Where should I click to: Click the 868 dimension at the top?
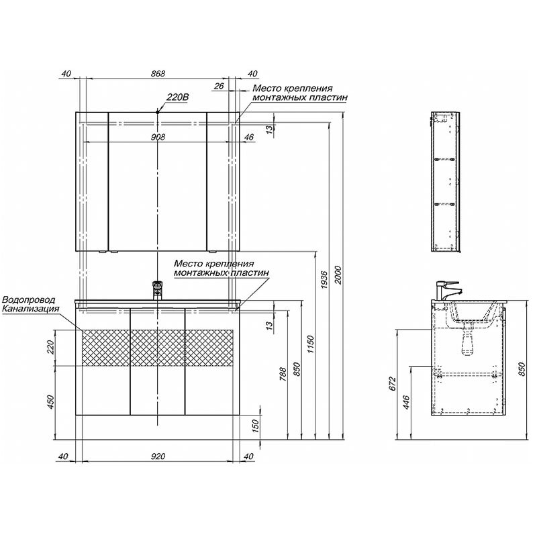158,74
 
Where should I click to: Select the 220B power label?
177,97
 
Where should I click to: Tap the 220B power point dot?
158,112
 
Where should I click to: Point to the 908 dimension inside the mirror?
158,137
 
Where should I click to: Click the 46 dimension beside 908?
249,137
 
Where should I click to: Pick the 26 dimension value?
219,86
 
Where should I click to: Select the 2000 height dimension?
338,275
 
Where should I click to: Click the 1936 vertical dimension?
324,280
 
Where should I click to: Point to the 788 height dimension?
283,375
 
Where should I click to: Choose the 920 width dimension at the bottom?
158,456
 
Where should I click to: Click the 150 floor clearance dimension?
256,426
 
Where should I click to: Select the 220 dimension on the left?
51,347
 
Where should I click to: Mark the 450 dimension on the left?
51,402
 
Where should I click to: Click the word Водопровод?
28,300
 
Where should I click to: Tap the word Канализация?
30,309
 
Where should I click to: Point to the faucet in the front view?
157,290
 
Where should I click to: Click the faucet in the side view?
447,291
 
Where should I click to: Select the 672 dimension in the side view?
393,383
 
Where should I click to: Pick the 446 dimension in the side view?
406,402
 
